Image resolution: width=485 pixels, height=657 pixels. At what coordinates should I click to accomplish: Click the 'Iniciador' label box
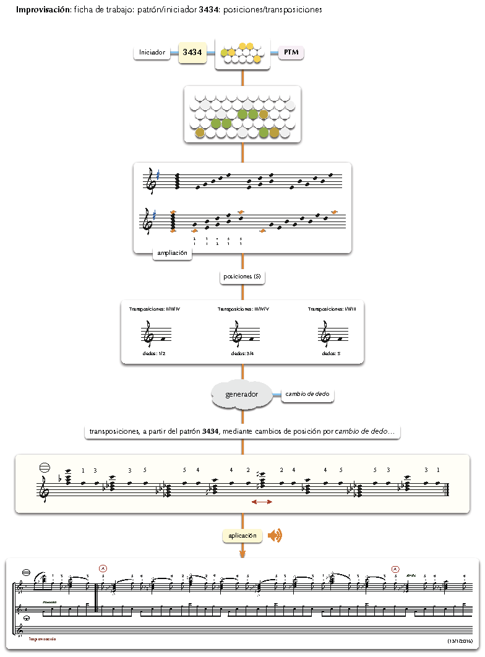coord(152,53)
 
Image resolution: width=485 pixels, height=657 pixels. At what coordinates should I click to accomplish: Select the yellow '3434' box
coord(192,53)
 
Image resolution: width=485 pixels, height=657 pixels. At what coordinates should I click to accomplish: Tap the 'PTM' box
coord(291,53)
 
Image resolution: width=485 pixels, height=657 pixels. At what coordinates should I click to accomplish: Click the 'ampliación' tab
coord(172,253)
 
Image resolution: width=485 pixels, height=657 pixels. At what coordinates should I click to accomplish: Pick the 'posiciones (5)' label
coord(242,277)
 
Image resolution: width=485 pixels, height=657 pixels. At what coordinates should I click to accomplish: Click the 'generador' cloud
coord(241,394)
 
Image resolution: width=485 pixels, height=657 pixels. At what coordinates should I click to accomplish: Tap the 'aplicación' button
coord(242,536)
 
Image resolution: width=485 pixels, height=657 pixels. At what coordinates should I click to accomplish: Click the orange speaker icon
coord(275,536)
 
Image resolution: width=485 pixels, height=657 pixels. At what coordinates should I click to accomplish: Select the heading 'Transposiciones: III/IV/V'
coord(243,309)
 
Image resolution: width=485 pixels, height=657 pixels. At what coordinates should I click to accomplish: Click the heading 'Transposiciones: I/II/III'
coord(332,309)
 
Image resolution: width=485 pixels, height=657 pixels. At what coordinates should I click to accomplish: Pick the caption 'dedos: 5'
coord(328,354)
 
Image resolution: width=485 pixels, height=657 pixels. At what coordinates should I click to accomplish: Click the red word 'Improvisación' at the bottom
coord(43,638)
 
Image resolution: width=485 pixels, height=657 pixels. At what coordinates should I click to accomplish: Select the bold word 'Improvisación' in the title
coord(42,11)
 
